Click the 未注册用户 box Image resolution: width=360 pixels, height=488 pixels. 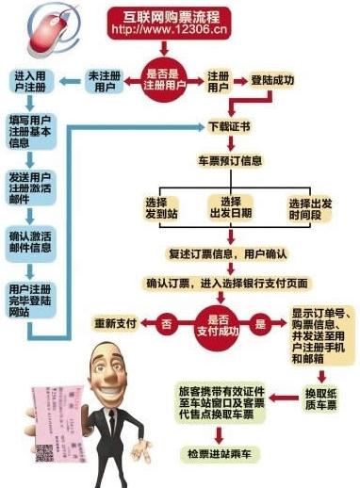(105, 81)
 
